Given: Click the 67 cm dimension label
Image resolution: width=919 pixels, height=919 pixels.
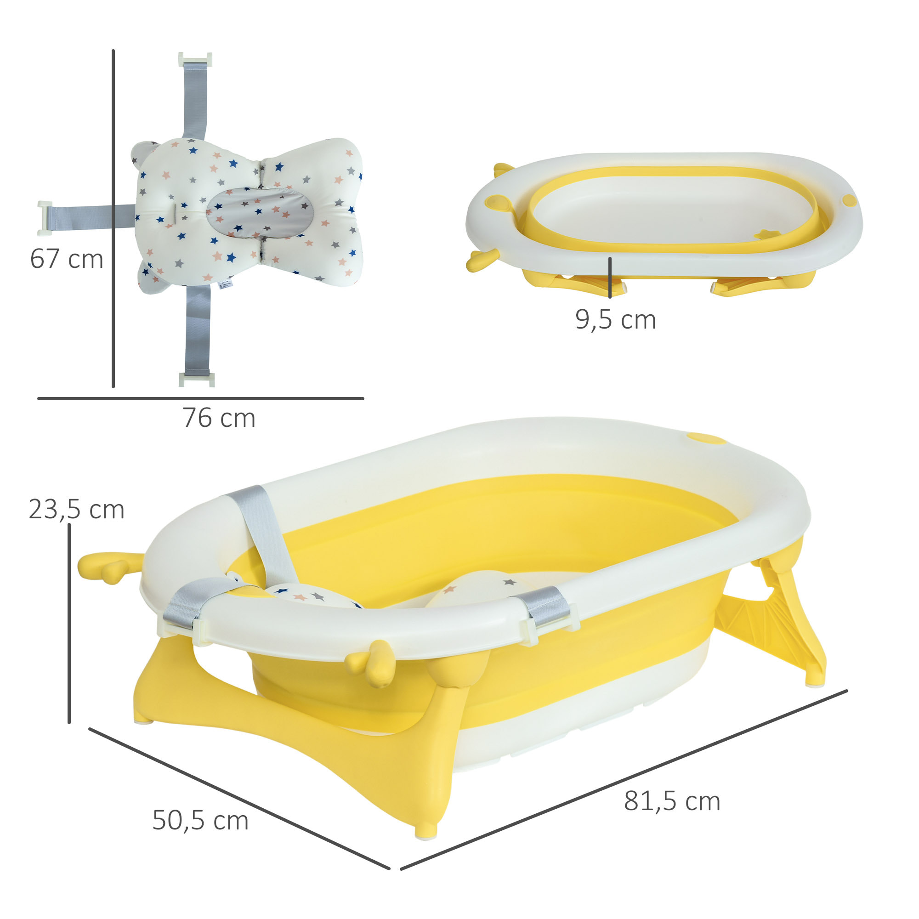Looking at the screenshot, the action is pos(67,259).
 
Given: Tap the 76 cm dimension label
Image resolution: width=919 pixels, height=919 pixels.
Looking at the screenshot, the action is pos(219,418).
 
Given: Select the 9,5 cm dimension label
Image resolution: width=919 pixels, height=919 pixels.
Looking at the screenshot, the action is pos(616,320).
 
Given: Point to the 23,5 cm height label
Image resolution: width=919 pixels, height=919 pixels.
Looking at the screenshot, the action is pos(77,510).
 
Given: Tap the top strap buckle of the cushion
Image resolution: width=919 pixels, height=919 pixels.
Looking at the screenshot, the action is pos(194,60).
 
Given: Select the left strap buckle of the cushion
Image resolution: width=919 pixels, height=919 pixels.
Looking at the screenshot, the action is pos(45,218).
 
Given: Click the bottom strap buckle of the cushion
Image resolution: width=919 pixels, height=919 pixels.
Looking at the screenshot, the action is pos(197,379).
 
